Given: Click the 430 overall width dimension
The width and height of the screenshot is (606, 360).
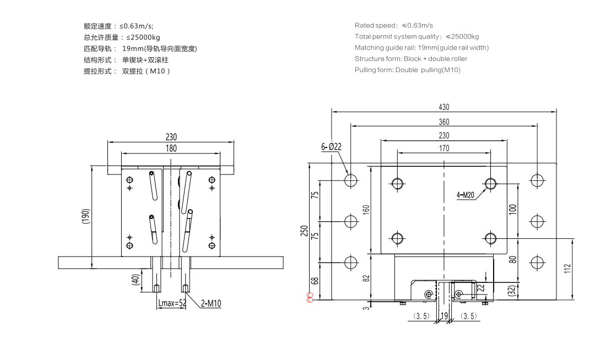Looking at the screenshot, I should pos(444,107).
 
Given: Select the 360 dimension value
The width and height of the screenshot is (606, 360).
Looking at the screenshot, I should pos(444,122).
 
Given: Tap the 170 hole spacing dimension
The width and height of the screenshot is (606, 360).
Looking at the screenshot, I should pos(444,148).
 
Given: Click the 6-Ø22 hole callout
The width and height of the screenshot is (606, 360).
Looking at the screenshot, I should pos(332,146).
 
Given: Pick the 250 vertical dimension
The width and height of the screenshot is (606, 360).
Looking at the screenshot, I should pos(305,231).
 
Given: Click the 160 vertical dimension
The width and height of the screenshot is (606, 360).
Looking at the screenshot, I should pos(366,210).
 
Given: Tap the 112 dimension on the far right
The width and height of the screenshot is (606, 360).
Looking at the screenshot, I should pos(567,269).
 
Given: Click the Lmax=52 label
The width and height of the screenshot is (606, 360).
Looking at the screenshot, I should pos(171,303).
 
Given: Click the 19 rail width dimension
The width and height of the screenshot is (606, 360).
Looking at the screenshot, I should pos(443,317).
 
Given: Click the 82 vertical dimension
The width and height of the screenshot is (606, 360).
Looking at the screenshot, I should pos(366,277).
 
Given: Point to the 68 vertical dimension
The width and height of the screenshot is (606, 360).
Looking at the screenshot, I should pos(315,281).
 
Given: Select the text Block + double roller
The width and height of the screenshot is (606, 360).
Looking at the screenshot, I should pos(435,59).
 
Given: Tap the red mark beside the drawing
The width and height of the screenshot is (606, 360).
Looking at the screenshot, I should pos(310,297).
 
